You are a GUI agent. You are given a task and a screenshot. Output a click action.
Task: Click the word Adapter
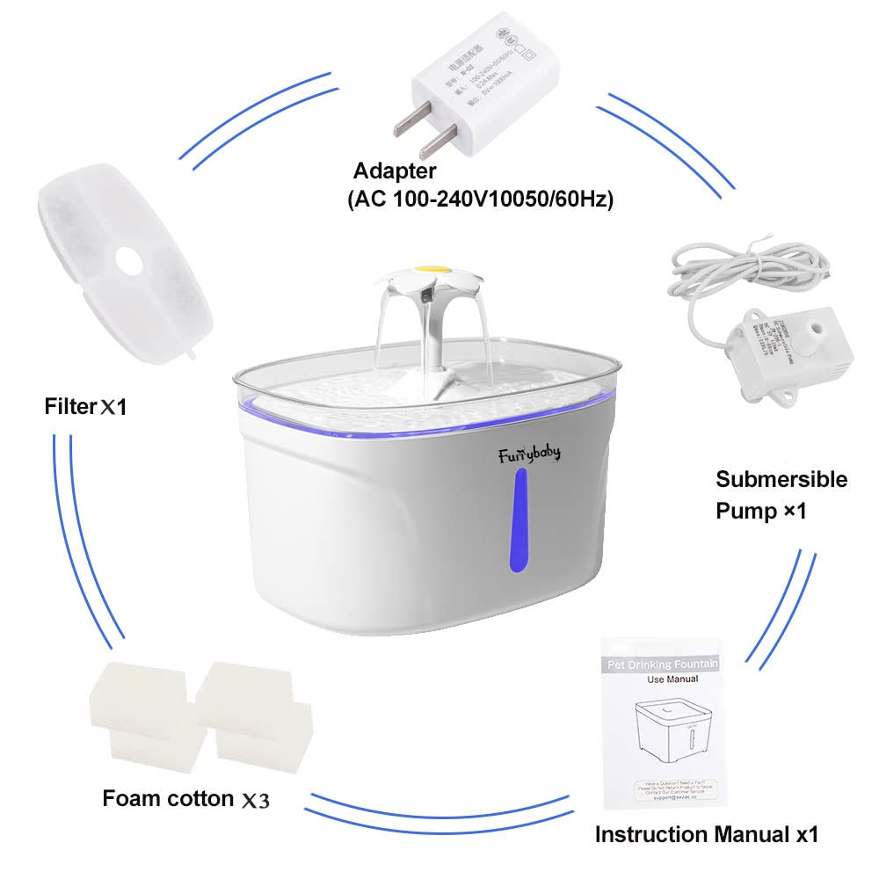394,171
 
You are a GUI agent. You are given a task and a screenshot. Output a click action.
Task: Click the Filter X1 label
86,407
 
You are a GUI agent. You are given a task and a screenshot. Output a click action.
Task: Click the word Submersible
781,480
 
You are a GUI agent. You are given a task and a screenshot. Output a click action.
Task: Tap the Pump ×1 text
761,511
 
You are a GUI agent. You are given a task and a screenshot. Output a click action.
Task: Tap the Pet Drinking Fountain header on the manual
668,660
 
